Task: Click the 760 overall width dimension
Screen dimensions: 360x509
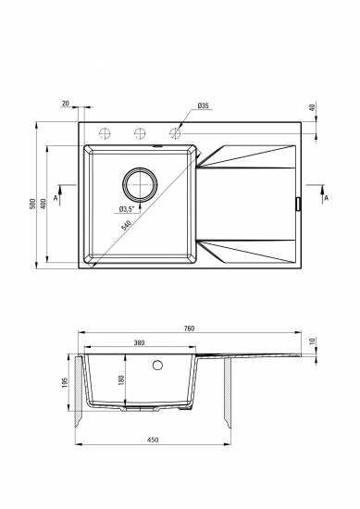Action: [x=189, y=329]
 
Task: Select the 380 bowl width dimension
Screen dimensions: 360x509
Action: [x=139, y=342]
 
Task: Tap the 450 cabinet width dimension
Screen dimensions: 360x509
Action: [x=153, y=440]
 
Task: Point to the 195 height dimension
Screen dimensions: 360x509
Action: [x=64, y=383]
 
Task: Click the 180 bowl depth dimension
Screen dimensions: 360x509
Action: [x=121, y=380]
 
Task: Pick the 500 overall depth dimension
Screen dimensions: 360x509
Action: [x=31, y=204]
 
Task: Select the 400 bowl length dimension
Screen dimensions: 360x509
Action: [x=43, y=204]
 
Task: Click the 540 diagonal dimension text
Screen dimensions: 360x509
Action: [x=126, y=225]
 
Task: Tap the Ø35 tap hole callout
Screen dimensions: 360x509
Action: [x=203, y=106]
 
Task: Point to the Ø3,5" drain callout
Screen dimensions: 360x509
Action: [x=126, y=209]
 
